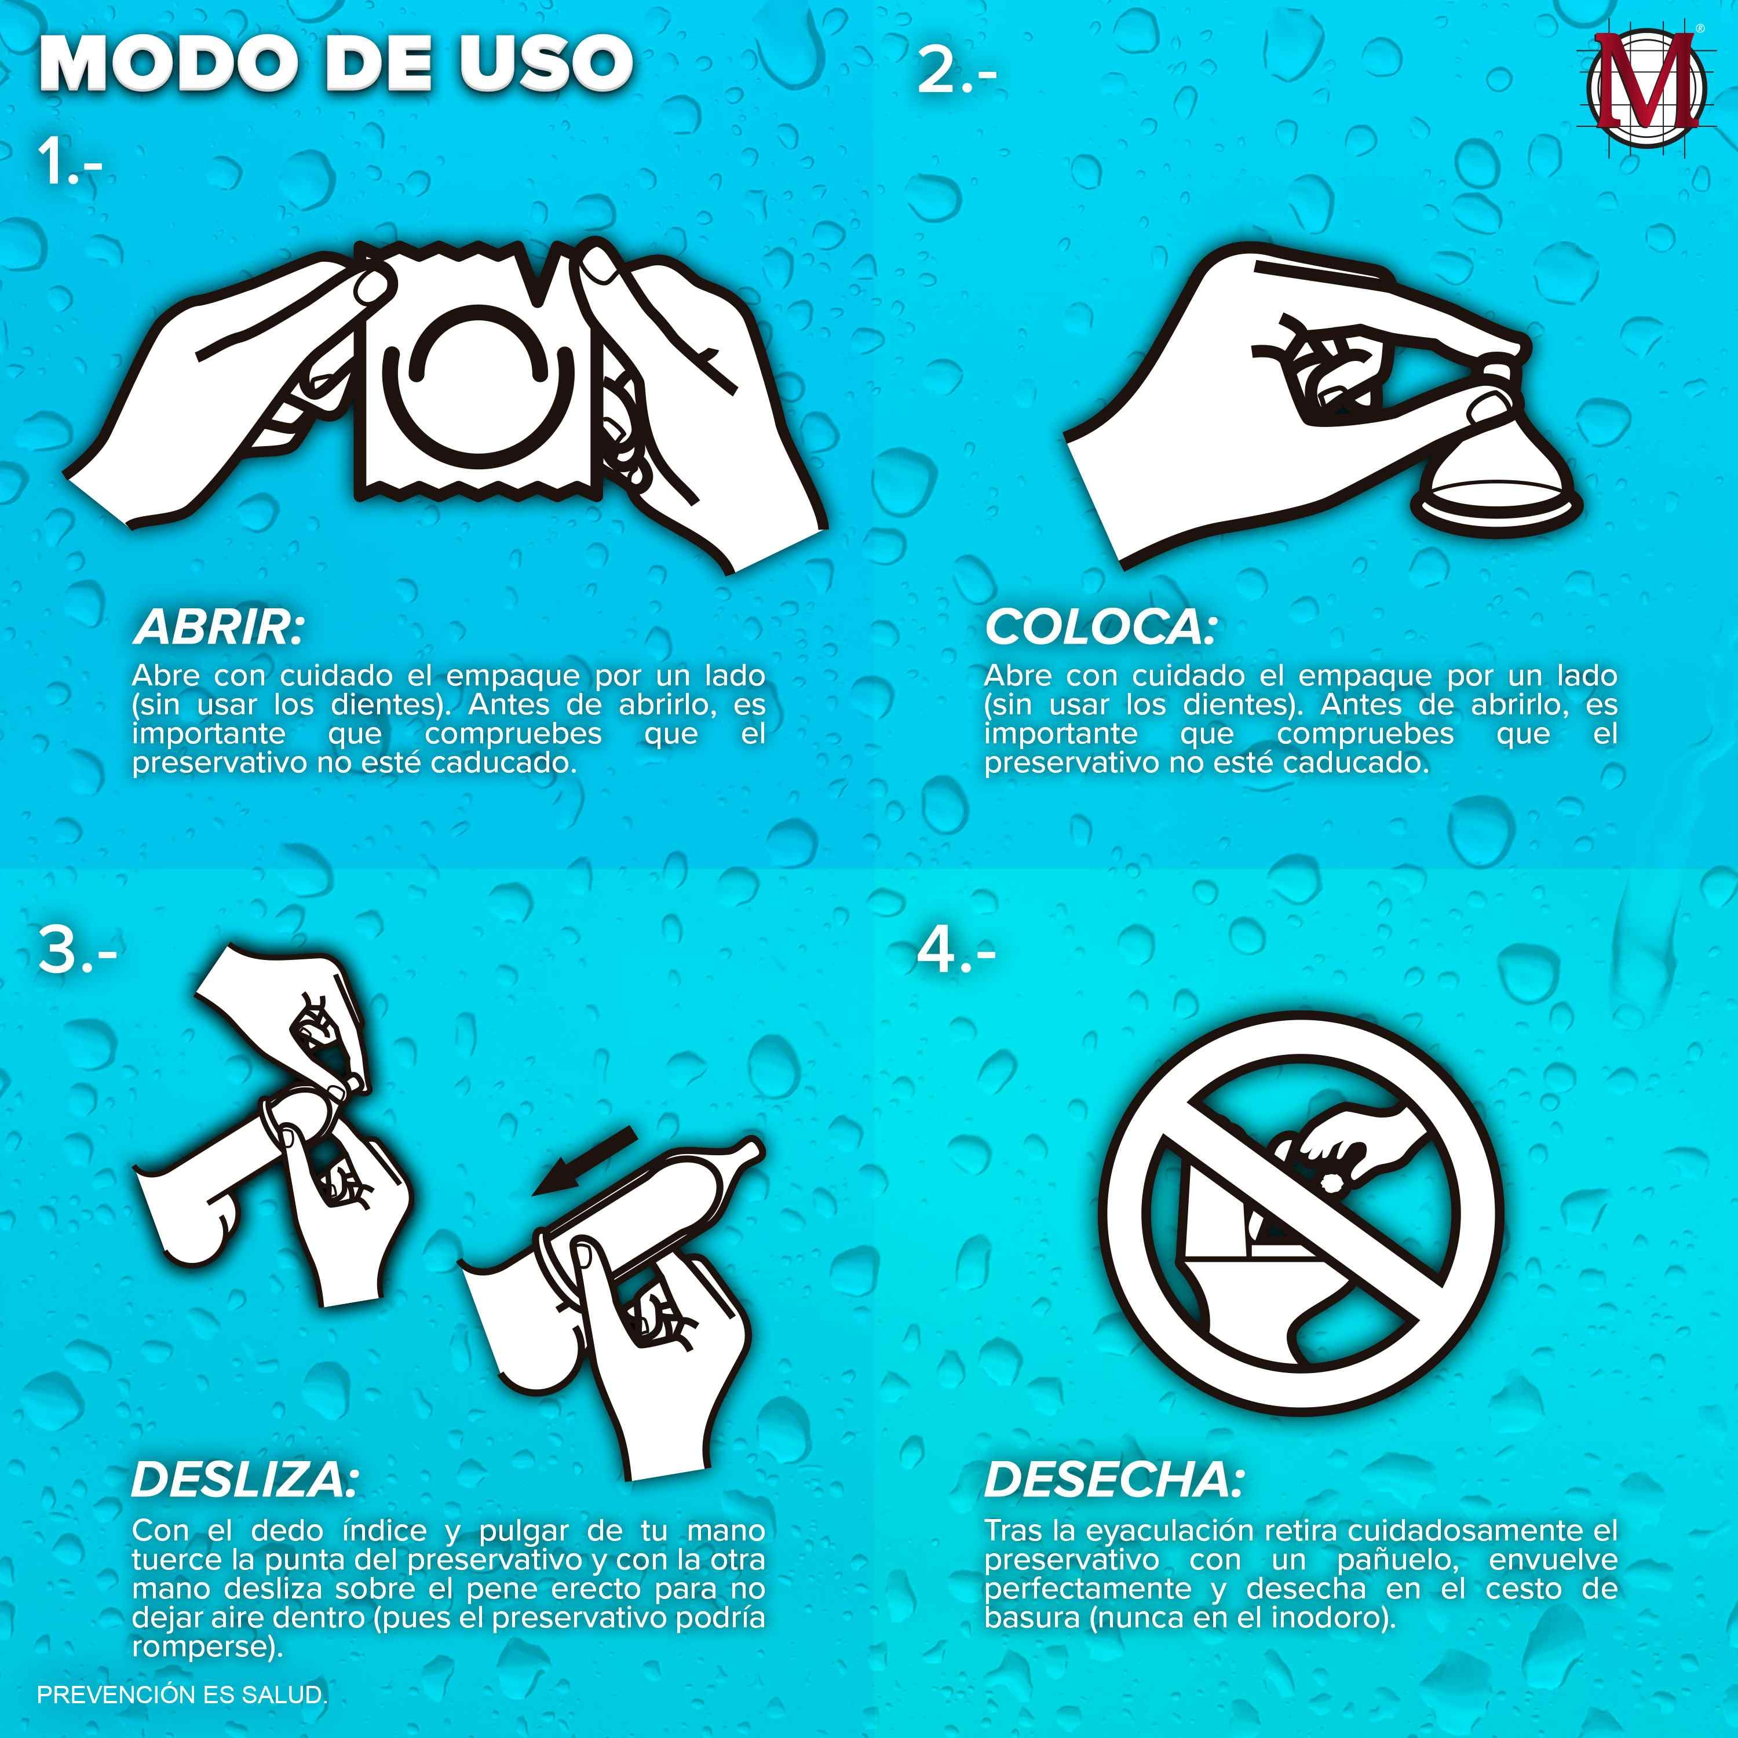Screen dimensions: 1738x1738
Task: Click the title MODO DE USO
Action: pos(335,63)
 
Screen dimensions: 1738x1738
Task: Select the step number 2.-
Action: pos(956,71)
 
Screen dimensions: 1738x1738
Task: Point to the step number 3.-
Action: pos(78,950)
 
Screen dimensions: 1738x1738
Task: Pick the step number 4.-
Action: pos(956,950)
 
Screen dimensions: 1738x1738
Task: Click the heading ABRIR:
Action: pos(218,627)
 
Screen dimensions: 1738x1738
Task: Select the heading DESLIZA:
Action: pos(244,1479)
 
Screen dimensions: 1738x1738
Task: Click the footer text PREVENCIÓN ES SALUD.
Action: pos(182,1695)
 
